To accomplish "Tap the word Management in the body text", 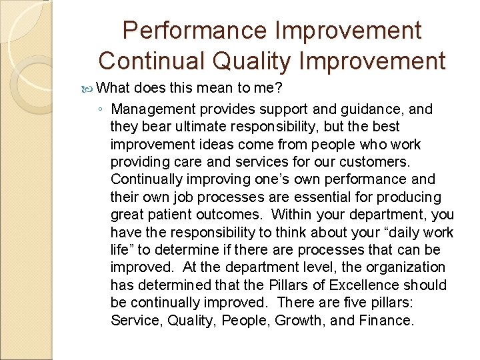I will point(152,109).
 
